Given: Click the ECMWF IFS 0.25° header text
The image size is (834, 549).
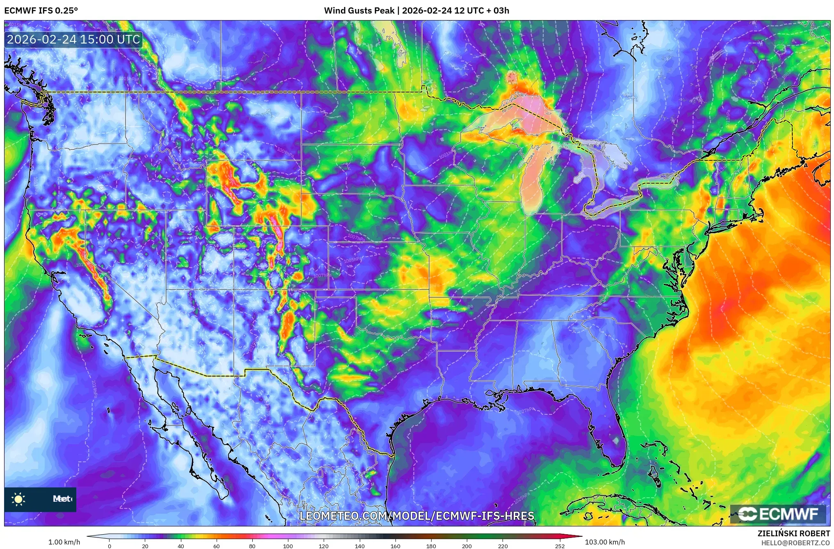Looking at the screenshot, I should click(41, 11).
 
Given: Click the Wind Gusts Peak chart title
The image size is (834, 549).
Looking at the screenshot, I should click(416, 11).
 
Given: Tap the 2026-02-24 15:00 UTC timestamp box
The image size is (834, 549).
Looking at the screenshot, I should click(73, 39).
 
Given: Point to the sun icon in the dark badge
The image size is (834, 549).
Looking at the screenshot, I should click(18, 499).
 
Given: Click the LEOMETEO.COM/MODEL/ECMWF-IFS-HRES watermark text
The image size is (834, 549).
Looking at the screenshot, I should click(416, 516).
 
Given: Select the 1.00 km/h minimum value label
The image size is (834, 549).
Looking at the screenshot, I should click(64, 542).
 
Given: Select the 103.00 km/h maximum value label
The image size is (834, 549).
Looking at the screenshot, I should click(604, 542).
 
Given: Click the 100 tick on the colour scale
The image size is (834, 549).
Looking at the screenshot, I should click(288, 546).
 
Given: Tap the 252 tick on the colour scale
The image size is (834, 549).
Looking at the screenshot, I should click(560, 546).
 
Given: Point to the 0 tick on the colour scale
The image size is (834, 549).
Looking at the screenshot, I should click(109, 546).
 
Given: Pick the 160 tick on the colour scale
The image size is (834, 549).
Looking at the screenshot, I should click(395, 546).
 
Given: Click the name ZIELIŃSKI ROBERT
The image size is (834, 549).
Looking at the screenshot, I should click(793, 533).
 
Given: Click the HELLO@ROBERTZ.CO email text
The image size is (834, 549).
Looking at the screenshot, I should click(795, 543).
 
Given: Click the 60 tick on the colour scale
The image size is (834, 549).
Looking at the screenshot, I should click(216, 546).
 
